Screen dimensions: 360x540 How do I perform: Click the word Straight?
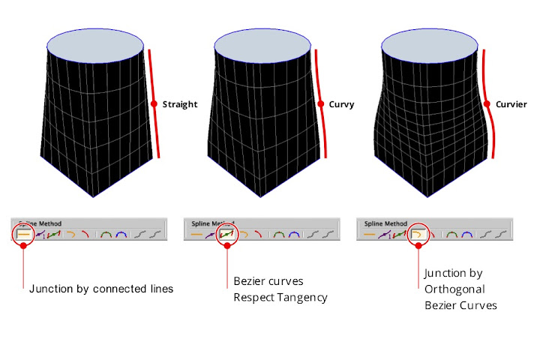(x=180, y=104)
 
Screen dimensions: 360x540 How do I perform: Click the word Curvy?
(x=341, y=104)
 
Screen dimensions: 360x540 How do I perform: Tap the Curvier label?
(x=511, y=104)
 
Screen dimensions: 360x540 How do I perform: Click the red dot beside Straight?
(x=154, y=104)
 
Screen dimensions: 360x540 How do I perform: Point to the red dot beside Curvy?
(x=321, y=104)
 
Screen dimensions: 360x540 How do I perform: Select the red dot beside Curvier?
(x=487, y=104)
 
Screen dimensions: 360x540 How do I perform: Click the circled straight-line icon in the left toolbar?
(x=24, y=235)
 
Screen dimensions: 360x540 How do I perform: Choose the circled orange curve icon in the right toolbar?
(x=417, y=235)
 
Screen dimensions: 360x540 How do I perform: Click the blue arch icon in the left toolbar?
(x=120, y=235)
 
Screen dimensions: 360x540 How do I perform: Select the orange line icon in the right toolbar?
(x=370, y=235)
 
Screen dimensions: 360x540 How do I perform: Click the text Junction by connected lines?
(x=100, y=288)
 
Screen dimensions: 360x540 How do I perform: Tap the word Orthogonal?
(x=454, y=289)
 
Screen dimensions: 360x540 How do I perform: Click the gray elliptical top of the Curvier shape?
(x=430, y=46)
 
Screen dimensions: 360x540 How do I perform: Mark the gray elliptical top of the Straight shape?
(x=96, y=46)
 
